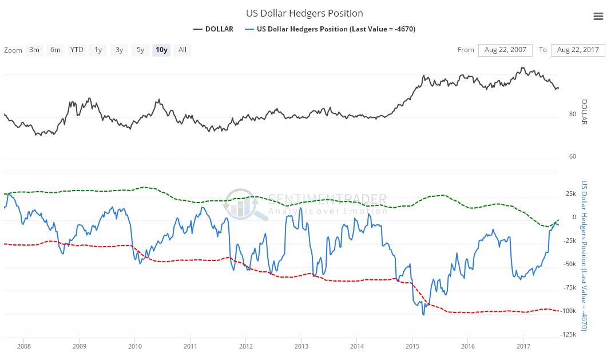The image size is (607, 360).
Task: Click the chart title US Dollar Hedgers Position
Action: tap(304, 13)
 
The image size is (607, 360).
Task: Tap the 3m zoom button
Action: tap(34, 50)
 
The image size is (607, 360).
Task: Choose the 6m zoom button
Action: tap(55, 50)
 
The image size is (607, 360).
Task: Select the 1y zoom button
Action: tap(98, 50)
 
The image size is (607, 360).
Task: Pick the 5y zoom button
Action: tap(140, 50)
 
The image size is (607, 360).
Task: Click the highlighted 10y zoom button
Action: tap(161, 50)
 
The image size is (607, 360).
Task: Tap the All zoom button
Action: tap(183, 50)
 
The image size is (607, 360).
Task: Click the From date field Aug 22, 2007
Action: tap(505, 50)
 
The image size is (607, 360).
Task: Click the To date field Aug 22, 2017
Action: tap(578, 50)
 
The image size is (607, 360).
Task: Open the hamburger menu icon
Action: tap(598, 17)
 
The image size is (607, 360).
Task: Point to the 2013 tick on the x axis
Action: tap(301, 346)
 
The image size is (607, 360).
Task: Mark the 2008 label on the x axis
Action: tap(24, 346)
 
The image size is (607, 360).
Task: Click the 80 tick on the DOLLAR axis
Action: tap(573, 114)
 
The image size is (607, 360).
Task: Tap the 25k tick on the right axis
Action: tap(570, 194)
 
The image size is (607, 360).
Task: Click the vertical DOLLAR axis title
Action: tap(584, 112)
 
